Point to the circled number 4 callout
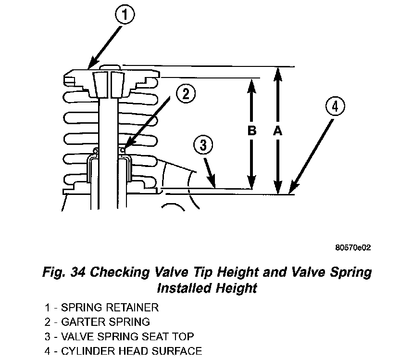[x=335, y=106]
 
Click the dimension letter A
[x=277, y=131]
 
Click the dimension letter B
[x=252, y=131]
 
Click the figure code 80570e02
[x=353, y=248]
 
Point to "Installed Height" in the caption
[x=207, y=288]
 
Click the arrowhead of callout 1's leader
[x=91, y=66]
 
